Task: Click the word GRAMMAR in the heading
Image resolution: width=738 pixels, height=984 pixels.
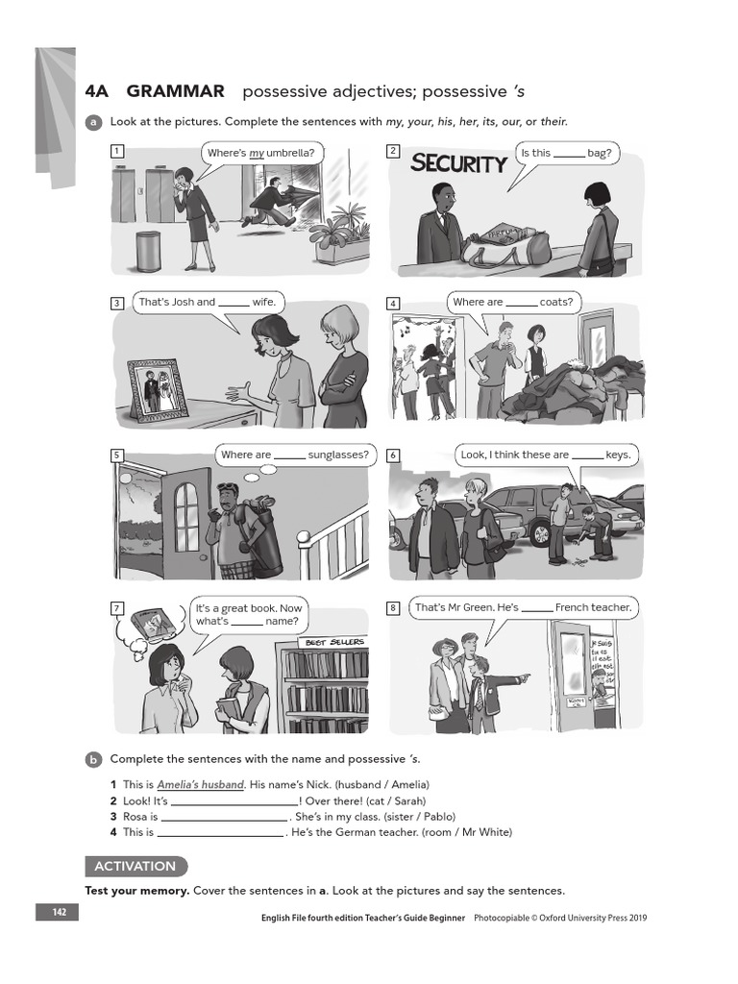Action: (x=175, y=91)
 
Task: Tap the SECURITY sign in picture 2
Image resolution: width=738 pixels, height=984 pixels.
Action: (x=458, y=163)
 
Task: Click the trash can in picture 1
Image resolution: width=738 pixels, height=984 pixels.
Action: (x=147, y=251)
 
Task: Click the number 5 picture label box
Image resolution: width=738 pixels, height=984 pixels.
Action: (x=117, y=455)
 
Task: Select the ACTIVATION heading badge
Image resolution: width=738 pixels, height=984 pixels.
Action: (x=135, y=866)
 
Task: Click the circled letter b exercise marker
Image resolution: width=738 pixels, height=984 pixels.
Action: (x=93, y=759)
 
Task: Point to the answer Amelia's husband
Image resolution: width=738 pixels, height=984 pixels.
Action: (x=200, y=784)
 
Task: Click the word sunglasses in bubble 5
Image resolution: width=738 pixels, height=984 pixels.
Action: (x=338, y=455)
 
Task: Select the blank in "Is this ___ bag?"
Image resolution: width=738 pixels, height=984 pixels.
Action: (x=569, y=153)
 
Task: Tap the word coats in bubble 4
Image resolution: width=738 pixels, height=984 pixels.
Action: (x=555, y=302)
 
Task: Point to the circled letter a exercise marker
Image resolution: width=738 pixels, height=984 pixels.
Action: (x=93, y=122)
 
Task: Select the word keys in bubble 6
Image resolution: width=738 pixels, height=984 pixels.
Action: (x=620, y=455)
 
